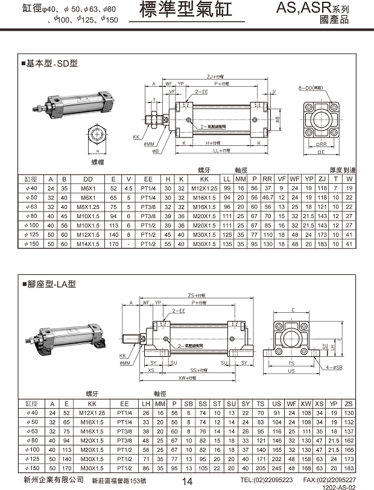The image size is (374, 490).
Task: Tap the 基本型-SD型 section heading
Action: point(51,63)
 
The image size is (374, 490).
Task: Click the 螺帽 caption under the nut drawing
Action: point(98,162)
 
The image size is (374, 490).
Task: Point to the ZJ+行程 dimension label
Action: point(215,77)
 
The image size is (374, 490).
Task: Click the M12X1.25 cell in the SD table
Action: point(204,188)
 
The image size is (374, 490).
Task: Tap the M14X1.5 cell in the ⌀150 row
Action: point(88,244)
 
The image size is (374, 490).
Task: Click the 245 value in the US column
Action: point(276,468)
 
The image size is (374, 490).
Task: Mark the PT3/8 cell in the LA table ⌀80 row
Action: point(124,440)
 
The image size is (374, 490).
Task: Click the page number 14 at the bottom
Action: point(187,480)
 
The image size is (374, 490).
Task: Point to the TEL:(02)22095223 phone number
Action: point(266,480)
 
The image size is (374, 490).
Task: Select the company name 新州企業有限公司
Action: point(54,479)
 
